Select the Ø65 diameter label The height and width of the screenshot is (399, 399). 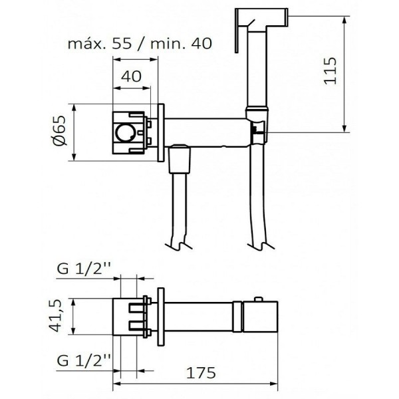click(59, 130)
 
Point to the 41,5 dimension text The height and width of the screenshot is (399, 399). click(59, 315)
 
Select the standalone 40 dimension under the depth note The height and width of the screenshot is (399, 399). click(133, 76)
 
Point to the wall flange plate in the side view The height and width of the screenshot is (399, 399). click(161, 132)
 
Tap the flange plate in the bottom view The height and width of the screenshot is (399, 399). click(161, 315)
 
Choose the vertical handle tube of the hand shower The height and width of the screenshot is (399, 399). click(255, 66)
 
